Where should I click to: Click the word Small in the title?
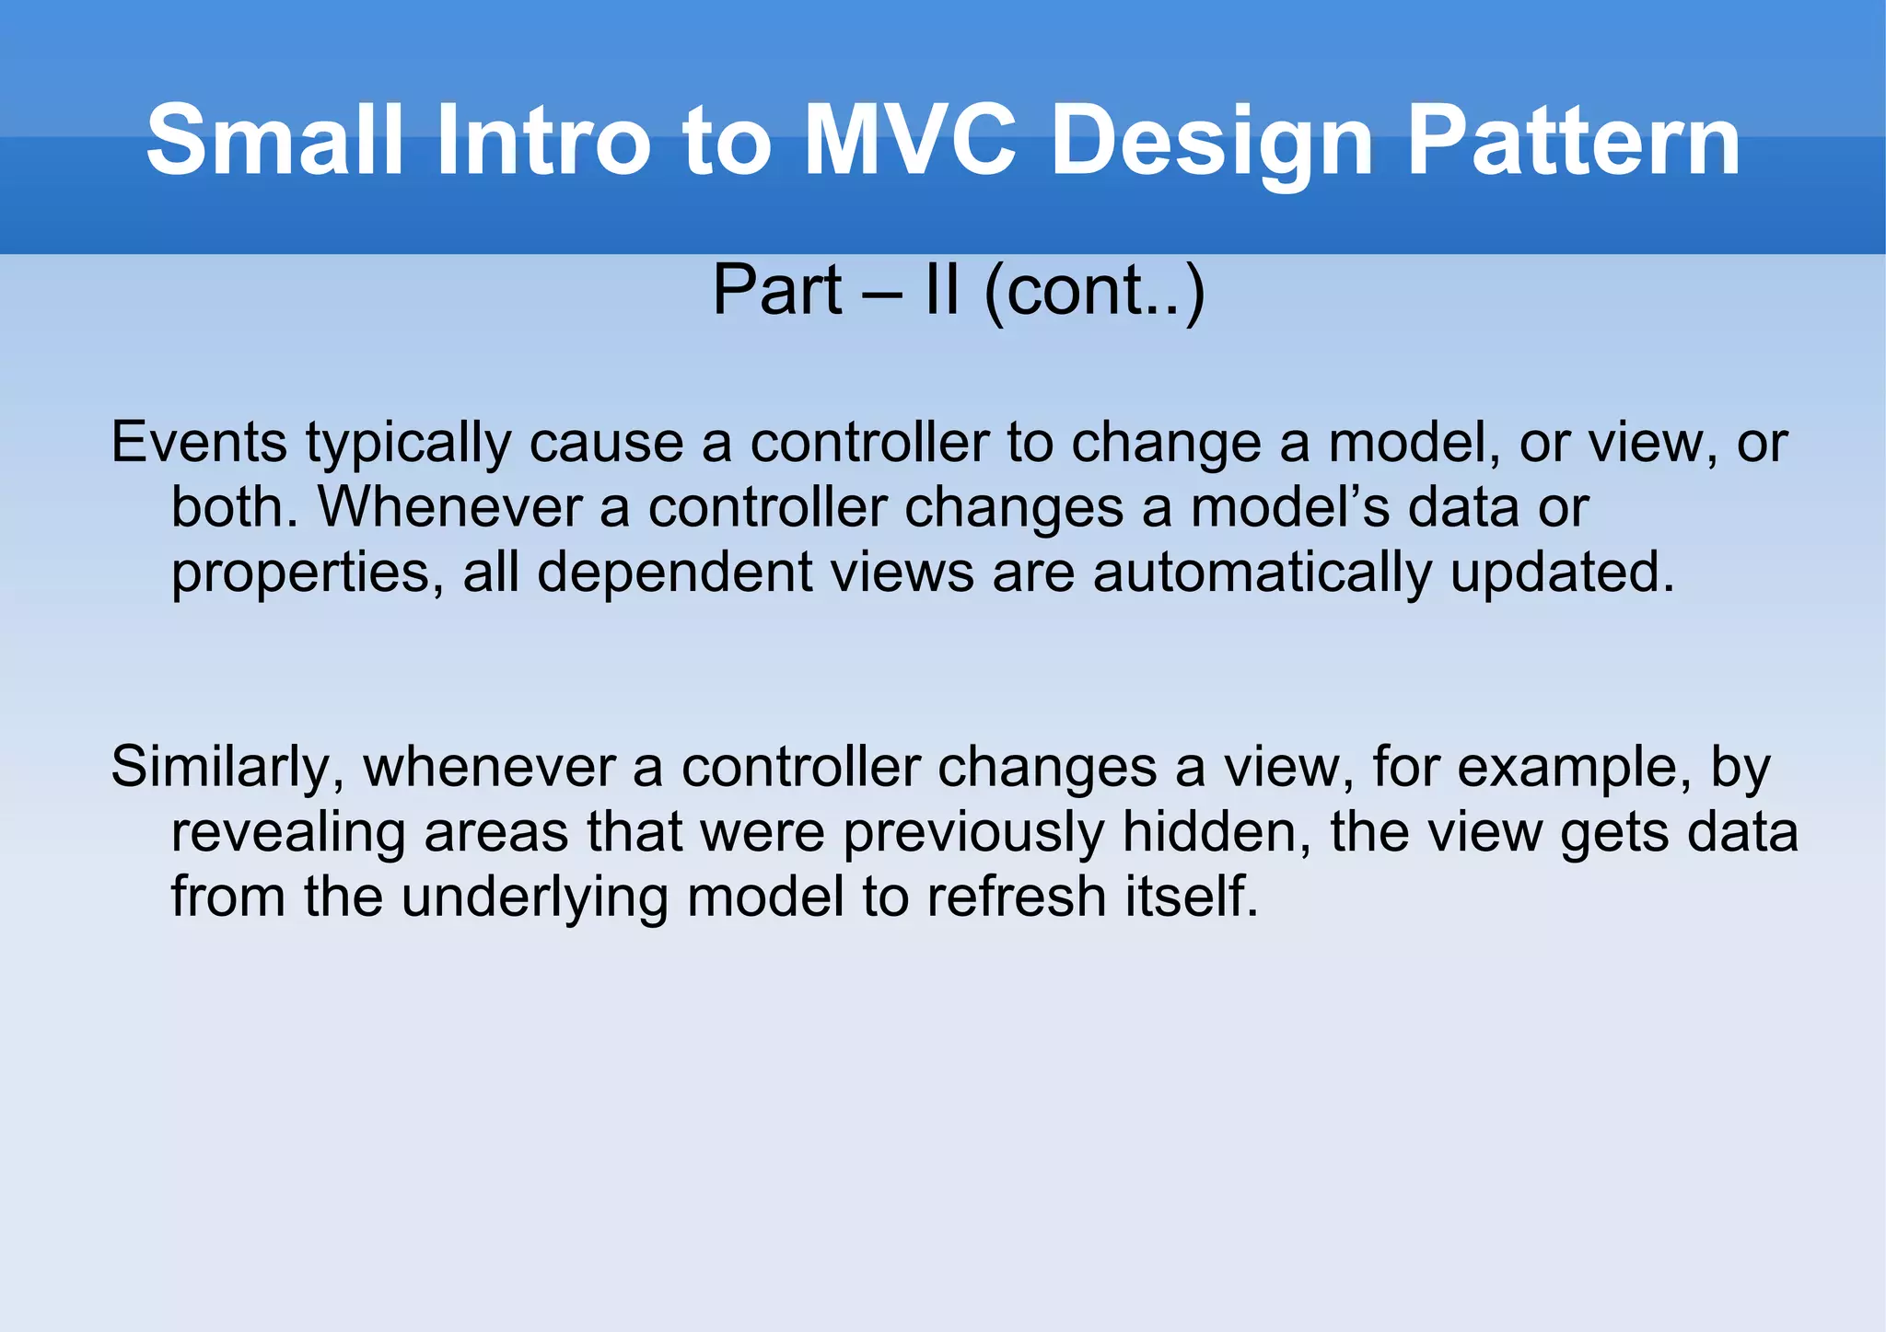click(274, 141)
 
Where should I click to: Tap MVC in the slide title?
click(910, 141)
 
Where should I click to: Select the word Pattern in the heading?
click(1573, 141)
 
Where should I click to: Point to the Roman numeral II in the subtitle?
click(941, 290)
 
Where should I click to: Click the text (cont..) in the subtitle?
click(1094, 292)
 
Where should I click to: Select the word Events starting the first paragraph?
click(199, 443)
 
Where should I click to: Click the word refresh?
click(1017, 897)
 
